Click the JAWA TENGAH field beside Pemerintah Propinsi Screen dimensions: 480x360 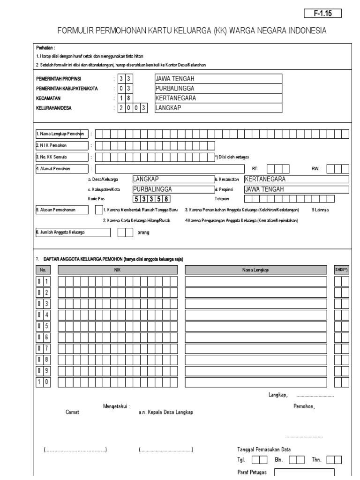[x=218, y=78]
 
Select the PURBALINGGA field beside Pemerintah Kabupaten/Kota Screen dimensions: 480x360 [x=218, y=88]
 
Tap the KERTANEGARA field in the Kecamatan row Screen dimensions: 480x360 [x=218, y=98]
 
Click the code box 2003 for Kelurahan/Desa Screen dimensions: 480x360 [x=132, y=108]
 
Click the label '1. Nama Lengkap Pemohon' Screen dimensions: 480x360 [x=61, y=134]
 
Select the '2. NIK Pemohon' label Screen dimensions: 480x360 [x=61, y=145]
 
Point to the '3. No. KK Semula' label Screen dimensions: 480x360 [x=61, y=157]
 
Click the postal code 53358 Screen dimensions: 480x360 [x=150, y=198]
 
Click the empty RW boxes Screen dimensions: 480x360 [x=338, y=168]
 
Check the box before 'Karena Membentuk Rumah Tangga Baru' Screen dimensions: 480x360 [x=98, y=210]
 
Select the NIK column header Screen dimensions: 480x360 [x=118, y=270]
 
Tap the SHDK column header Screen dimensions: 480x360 [x=341, y=270]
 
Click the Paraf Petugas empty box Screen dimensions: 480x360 [x=304, y=472]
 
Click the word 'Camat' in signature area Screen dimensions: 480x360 [x=73, y=412]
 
